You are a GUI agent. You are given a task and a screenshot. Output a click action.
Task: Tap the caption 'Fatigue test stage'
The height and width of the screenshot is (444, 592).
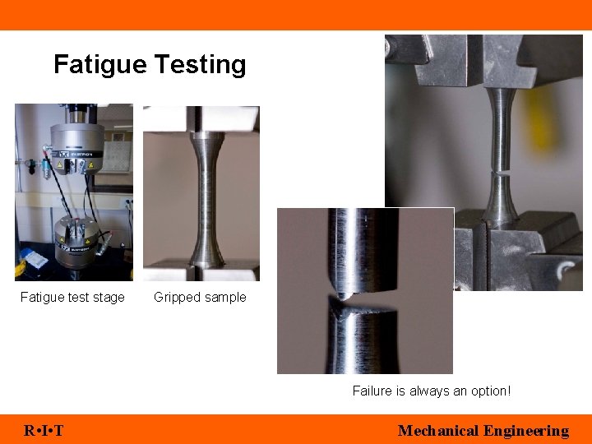(72, 298)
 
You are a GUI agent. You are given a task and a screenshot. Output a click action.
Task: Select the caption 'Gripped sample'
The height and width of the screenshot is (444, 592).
(200, 298)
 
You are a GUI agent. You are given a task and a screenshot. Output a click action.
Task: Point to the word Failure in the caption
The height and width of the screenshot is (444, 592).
(372, 391)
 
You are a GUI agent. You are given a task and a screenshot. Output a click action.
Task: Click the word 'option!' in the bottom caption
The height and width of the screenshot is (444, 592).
(489, 391)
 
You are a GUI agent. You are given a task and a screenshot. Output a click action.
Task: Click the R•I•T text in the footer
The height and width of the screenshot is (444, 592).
(44, 430)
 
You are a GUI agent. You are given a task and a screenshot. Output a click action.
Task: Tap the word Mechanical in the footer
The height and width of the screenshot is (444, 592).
(438, 430)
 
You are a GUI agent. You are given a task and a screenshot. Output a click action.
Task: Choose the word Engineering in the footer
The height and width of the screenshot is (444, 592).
(526, 430)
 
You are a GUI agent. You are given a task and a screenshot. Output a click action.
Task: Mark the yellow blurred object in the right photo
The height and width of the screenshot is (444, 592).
(543, 115)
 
